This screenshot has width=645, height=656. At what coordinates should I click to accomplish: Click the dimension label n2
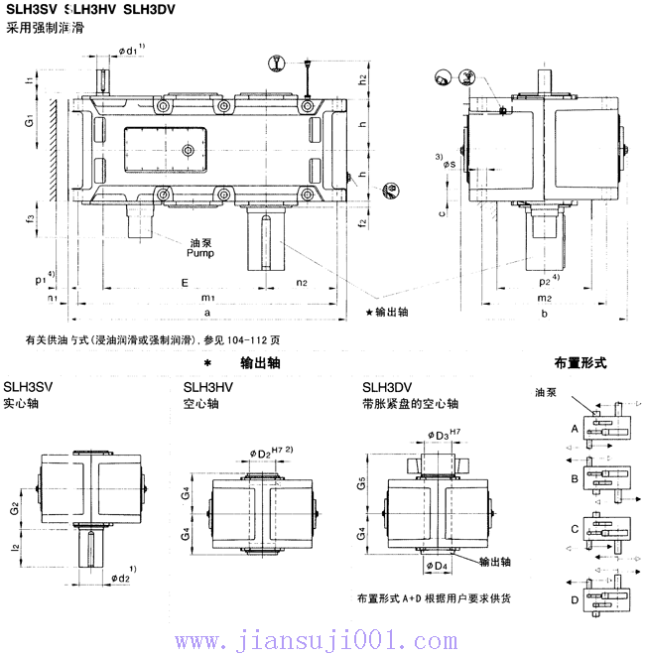[303, 282]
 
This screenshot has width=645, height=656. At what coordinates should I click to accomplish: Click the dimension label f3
[31, 216]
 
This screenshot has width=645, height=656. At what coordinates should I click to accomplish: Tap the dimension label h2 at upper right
[363, 77]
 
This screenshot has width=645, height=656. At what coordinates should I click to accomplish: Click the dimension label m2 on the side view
[545, 298]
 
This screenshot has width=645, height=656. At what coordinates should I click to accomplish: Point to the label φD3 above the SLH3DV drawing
[442, 434]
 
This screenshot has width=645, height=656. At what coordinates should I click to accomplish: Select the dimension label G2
[14, 509]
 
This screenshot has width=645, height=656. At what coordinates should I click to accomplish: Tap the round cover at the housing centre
[189, 150]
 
